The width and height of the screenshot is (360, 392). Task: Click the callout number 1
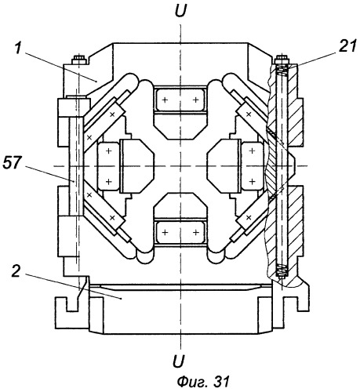(x=17, y=49)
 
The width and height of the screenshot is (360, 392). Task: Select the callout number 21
(x=347, y=46)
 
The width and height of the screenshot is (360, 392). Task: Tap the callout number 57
(x=12, y=162)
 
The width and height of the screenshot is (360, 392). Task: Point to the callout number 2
(x=16, y=271)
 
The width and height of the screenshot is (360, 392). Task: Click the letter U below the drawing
(x=179, y=361)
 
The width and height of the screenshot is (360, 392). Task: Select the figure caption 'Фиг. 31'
(x=203, y=382)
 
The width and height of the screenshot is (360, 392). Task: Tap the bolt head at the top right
(x=282, y=60)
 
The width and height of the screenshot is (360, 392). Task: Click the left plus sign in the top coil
(x=165, y=100)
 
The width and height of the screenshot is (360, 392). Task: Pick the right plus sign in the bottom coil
(x=196, y=232)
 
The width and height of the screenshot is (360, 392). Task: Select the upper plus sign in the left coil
(x=109, y=151)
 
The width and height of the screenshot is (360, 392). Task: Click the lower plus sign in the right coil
(x=252, y=181)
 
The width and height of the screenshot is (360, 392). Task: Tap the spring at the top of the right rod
(x=282, y=71)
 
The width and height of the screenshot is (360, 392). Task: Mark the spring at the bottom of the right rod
(x=282, y=270)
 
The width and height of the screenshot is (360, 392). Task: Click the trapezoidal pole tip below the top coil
(x=180, y=126)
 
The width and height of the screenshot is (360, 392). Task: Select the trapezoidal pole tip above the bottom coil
(x=180, y=205)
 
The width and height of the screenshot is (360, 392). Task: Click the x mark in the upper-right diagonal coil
(x=249, y=114)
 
